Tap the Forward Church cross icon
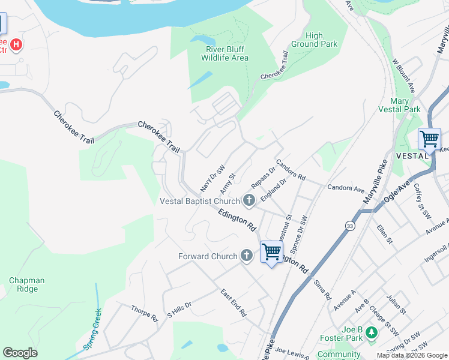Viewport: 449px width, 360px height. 246,256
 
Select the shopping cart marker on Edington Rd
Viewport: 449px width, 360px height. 271,251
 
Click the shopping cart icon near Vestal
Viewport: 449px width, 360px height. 429,139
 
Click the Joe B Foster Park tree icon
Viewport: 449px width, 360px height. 372,332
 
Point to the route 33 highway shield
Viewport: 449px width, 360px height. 349,226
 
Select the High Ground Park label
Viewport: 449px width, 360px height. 314,40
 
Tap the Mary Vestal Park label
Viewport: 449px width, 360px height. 399,105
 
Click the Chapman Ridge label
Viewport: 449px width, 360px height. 24,284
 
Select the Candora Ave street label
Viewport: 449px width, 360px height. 346,188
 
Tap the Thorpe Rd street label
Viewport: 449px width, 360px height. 144,313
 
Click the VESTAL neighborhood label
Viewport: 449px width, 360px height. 411,155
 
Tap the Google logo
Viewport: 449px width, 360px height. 20,353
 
